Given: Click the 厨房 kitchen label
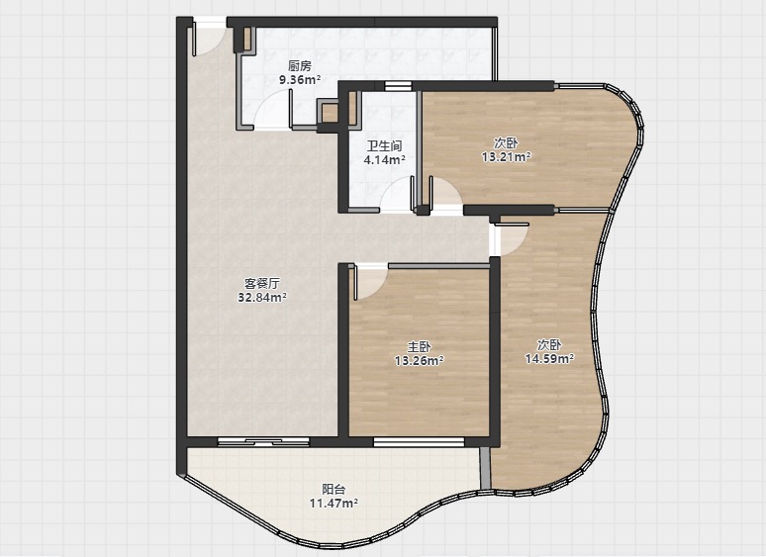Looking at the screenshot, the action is pos(300,66).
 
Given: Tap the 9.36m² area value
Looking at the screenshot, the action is pos(300,79).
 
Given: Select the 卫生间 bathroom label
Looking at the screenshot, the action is pos(384,145).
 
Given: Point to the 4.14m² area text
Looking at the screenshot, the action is pos(384,159).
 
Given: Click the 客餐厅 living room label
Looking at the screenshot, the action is pos(262,283).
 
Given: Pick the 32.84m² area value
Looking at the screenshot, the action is pos(262,297).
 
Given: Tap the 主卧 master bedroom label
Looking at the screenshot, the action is pos(420,346).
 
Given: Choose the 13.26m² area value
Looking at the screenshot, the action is pos(420,360).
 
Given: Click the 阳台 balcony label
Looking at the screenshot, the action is pos(334,489).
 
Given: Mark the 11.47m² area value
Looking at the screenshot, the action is pos(334,503).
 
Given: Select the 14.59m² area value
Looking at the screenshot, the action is pos(549,359).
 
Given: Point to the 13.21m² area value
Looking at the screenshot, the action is pos(506,156).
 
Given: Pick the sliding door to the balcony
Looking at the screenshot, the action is pos(263,442).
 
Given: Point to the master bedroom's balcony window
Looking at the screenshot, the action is pos(419,442).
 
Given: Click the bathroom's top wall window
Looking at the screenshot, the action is pos(398,86).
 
